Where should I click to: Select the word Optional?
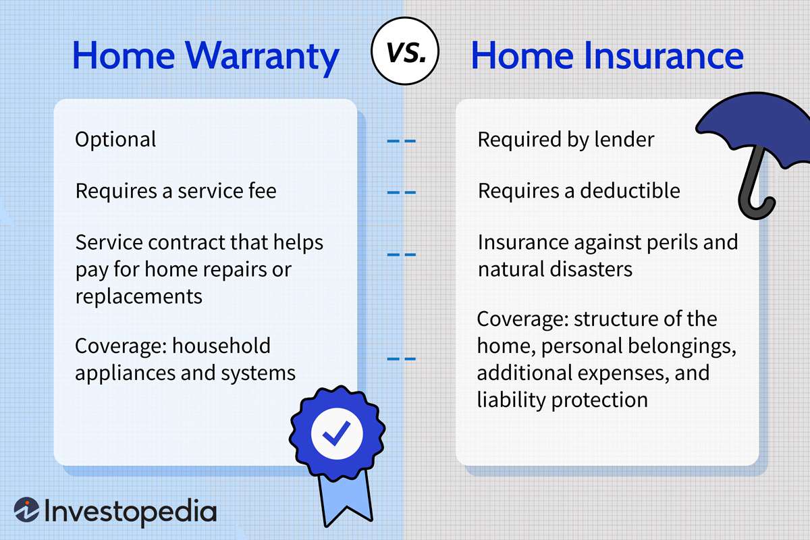tap(115, 140)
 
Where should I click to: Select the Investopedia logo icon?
tap(26, 511)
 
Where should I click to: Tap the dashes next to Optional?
tap(401, 142)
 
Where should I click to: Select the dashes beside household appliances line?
tap(401, 359)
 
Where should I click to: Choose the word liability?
tap(510, 400)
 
